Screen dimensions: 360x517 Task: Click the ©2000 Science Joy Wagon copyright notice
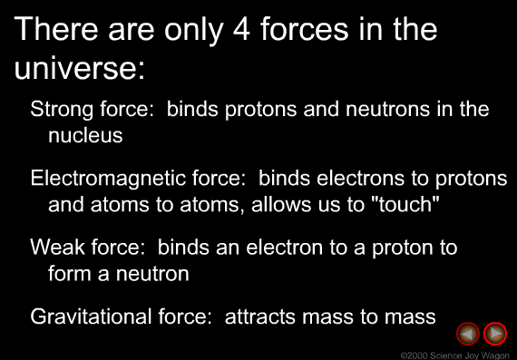pos(454,354)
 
